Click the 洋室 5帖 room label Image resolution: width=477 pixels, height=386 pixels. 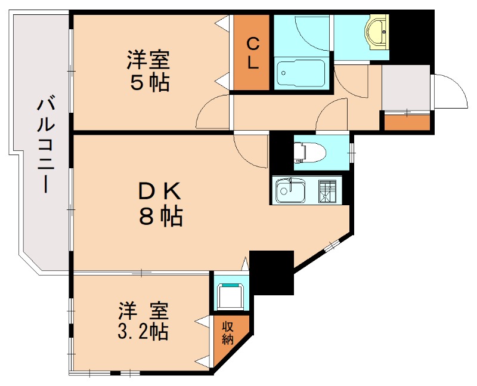click(148, 71)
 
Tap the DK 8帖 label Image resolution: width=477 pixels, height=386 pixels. click(160, 203)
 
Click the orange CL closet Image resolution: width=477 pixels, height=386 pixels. click(252, 53)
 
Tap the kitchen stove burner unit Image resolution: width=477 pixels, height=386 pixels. click(327, 190)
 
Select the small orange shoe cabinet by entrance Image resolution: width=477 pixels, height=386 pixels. click(407, 122)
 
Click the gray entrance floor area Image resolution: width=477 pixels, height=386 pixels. click(405, 87)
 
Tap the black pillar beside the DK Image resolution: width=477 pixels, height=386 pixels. click(271, 272)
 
